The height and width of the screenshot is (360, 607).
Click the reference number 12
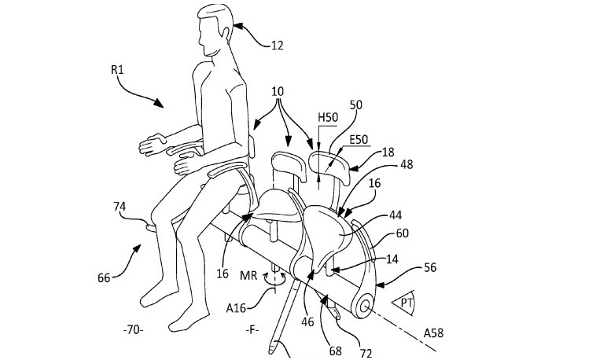278,46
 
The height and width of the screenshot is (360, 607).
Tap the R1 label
117,70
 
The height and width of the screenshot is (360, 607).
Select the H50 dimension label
328,118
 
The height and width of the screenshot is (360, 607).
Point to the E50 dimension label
359,139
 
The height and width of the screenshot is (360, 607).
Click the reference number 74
120,207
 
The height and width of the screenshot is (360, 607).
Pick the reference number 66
104,277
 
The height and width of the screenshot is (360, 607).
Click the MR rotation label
248,276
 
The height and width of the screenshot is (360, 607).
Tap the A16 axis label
236,308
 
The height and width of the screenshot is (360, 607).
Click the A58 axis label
433,332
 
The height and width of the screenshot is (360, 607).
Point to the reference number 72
366,353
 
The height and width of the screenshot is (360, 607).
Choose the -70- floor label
133,331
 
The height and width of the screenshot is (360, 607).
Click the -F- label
252,330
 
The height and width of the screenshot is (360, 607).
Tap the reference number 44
395,215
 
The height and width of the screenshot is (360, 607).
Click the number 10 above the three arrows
278,92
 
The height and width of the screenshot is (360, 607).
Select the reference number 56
430,267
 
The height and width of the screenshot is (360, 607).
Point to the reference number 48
406,164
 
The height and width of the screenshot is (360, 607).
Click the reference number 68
335,351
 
